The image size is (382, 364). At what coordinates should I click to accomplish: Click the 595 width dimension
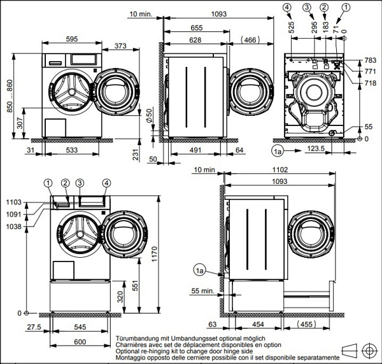pos(71,39)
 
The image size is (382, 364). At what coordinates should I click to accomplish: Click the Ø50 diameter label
pos(148,117)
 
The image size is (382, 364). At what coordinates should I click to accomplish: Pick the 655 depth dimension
pos(196,28)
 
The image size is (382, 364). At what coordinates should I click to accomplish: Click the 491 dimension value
pos(195,150)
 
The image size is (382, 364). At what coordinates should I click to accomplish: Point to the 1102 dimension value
pos(278,171)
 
